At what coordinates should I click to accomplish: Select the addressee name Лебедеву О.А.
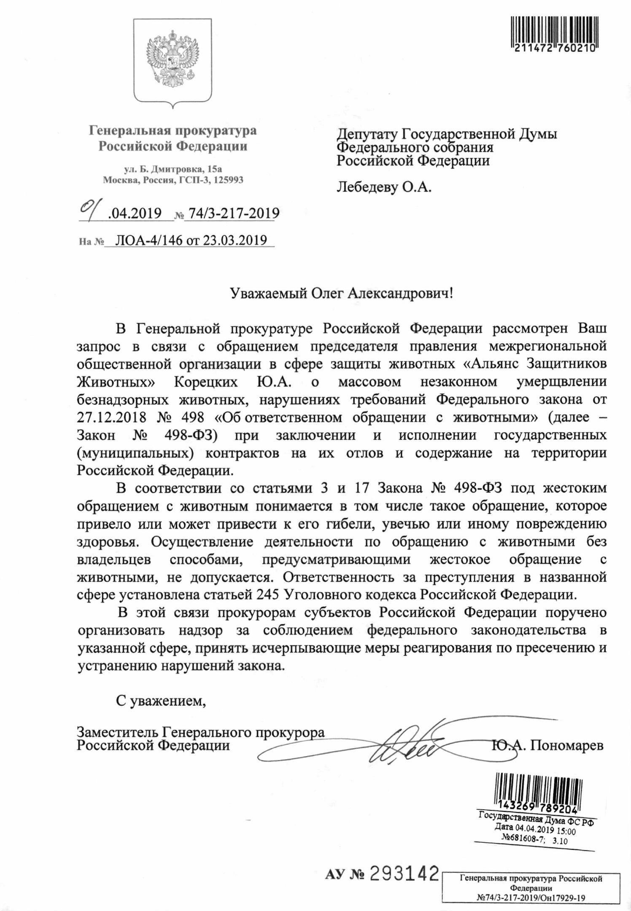pos(384,187)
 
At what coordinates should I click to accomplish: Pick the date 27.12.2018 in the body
pos(111,418)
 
